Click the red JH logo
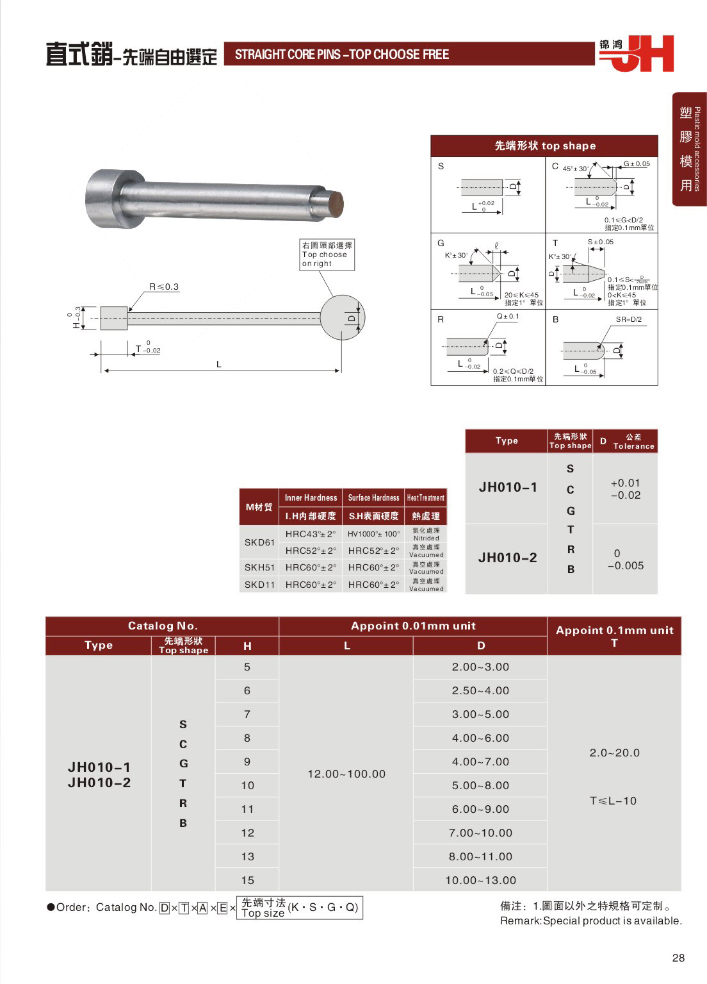point(640,53)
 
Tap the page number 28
point(678,958)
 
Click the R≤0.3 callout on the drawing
point(163,287)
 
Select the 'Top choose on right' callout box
point(326,254)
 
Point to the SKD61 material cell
point(259,542)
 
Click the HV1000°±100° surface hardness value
point(373,534)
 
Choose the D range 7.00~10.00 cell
point(480,833)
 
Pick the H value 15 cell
point(247,880)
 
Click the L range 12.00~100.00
point(346,774)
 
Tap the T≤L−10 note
point(613,801)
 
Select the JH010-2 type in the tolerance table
point(507,558)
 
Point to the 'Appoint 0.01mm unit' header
point(413,626)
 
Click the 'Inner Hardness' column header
point(311,497)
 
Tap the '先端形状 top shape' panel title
point(544,146)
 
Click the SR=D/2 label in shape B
point(628,319)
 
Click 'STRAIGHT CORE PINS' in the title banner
point(288,54)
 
